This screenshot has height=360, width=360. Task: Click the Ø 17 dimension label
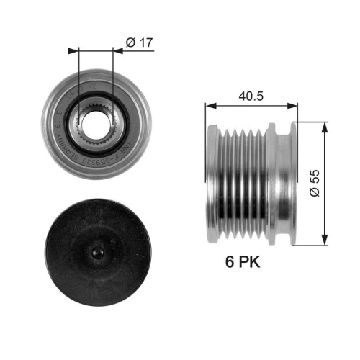(x=138, y=42)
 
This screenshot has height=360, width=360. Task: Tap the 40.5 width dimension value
(x=252, y=94)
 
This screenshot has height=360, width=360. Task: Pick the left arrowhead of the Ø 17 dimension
(x=72, y=51)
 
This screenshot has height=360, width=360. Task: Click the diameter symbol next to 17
(x=130, y=42)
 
